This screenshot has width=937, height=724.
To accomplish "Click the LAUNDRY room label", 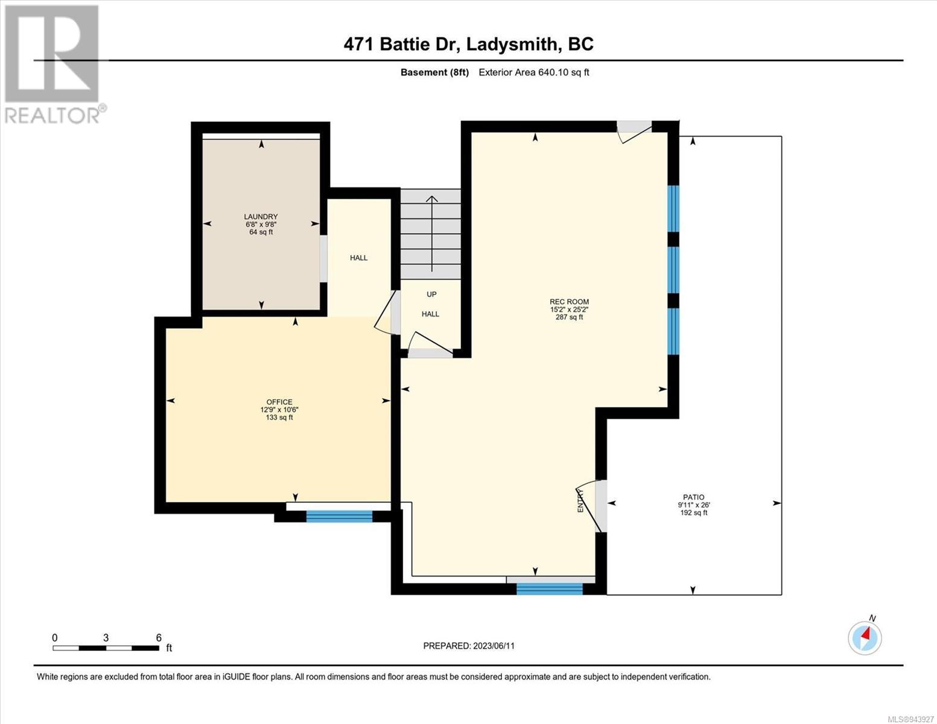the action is point(261,217).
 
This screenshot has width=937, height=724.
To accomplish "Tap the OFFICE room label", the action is point(279,402).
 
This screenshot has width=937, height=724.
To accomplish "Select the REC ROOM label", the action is point(569,302).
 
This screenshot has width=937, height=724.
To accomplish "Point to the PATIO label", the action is point(693,497).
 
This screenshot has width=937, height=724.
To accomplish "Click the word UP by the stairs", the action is point(431,294).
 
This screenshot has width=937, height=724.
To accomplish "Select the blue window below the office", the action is point(339,516).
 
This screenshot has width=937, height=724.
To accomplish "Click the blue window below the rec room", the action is point(550,589).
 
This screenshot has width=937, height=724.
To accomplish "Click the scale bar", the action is point(106,648).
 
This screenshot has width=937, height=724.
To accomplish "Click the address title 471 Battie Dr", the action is point(400,45).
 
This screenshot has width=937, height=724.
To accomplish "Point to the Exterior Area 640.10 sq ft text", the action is point(534,72).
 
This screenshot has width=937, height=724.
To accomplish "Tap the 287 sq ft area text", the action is point(569,317).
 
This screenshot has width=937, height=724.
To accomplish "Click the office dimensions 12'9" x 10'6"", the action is point(279,410).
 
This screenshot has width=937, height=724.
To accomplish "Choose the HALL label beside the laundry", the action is point(359,258).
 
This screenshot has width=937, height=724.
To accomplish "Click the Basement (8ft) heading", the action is point(434,72).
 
